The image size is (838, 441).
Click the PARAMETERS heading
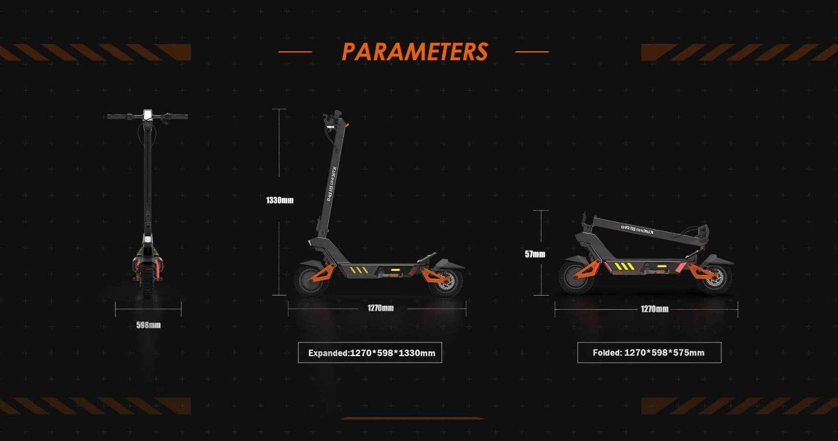pos(415,52)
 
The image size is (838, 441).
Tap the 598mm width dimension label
pos(148,325)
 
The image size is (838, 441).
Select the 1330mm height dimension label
pos(279,200)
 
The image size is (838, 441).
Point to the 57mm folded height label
pos(535,254)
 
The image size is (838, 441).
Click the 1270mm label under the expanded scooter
pos(380,308)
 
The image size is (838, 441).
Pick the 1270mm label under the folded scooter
pos(655,309)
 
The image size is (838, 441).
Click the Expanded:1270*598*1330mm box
pos(370,353)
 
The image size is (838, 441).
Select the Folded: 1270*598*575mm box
pos(649,353)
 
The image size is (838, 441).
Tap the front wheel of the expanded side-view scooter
pos(311,280)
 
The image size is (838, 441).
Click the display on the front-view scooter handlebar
pos(148,115)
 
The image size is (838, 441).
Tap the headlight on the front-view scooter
pos(148,240)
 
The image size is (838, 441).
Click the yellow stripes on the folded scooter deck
pos(624,266)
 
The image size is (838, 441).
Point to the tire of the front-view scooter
pos(147,281)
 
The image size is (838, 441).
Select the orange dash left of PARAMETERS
pos(295,51)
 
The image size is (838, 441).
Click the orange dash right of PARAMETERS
pos(532,51)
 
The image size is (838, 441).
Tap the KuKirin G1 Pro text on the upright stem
pos(330,184)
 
